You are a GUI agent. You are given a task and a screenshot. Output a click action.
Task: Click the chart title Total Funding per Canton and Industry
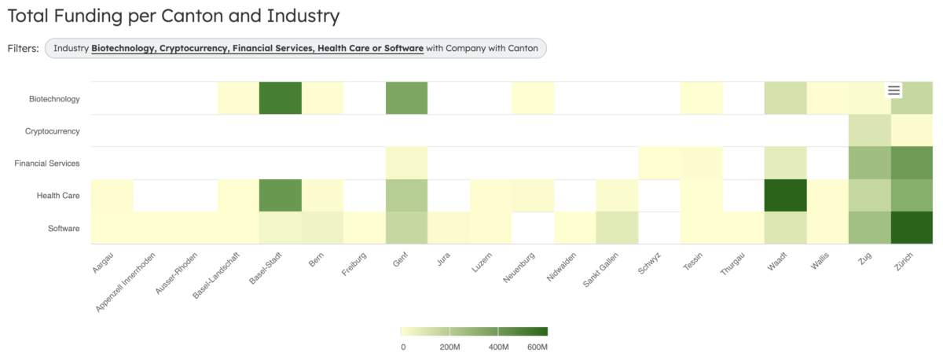(x=173, y=15)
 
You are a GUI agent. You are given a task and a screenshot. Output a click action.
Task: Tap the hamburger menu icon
(x=893, y=90)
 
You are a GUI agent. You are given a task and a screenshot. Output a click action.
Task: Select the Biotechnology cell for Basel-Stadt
(x=280, y=98)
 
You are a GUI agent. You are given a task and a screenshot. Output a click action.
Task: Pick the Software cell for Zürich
(x=911, y=228)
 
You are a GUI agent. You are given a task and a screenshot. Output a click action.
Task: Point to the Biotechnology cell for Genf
(x=406, y=98)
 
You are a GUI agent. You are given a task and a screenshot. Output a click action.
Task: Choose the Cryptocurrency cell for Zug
(x=869, y=130)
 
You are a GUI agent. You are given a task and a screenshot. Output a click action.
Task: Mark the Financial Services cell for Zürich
(x=911, y=163)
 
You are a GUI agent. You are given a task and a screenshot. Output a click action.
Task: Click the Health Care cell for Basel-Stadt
(x=280, y=196)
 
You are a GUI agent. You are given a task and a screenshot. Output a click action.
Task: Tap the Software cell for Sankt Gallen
(x=616, y=228)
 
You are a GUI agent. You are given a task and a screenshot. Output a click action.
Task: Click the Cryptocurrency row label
(x=48, y=131)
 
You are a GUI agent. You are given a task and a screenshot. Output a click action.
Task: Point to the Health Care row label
(x=58, y=196)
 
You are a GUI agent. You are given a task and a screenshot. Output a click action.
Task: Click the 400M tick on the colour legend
(x=498, y=347)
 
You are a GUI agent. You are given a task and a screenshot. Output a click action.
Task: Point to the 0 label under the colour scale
(x=403, y=347)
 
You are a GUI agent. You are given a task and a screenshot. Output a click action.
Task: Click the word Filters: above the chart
(x=23, y=49)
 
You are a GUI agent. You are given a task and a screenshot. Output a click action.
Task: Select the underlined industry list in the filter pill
(x=257, y=49)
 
